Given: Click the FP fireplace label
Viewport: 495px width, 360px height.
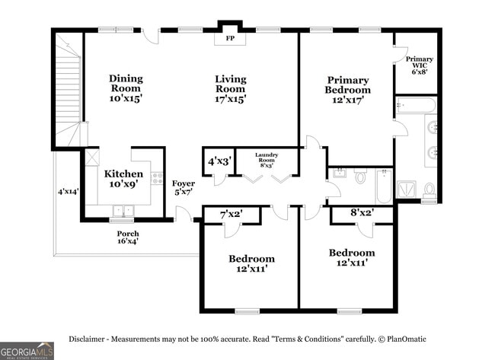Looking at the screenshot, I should click(230, 38).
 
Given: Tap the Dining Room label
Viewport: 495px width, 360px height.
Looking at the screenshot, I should click(126, 88).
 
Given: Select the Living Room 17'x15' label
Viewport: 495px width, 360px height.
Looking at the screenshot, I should click(230, 88).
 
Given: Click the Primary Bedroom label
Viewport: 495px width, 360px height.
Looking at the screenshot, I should click(348, 90).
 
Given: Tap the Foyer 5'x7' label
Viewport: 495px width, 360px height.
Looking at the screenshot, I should click(183, 188).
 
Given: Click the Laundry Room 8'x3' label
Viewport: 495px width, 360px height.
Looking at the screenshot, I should click(266, 160).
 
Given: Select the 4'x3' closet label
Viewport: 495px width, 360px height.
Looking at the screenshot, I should click(219, 161).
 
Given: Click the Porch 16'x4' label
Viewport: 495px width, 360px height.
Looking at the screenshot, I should click(127, 237).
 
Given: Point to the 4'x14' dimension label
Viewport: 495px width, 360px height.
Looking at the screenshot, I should click(68, 192).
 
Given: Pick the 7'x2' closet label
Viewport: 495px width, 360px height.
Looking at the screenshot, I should click(230, 214).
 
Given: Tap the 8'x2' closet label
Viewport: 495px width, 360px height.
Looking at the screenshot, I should click(362, 213).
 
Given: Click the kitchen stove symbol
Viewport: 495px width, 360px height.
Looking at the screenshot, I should click(157, 179).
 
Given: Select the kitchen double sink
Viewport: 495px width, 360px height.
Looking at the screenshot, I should click(122, 211).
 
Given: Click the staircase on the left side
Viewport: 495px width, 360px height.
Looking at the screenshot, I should click(69, 91).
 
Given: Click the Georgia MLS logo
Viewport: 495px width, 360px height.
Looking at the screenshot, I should click(27, 350).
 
